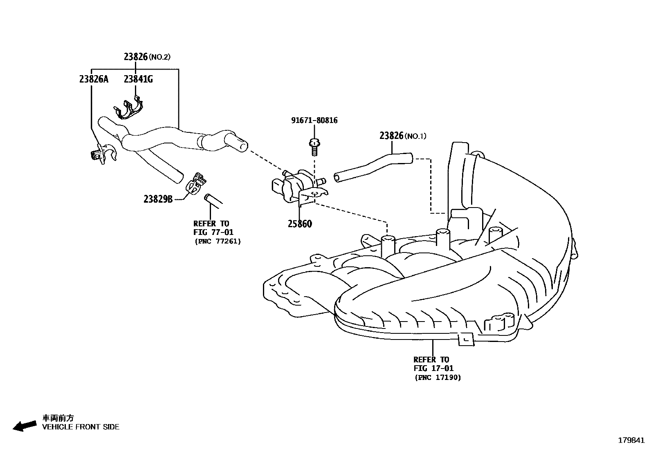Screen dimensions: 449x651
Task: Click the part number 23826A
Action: pos(94,79)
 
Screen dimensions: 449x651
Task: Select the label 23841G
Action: pos(138,79)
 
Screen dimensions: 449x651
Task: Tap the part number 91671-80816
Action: pos(314,121)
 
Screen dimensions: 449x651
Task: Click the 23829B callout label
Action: pos(158,199)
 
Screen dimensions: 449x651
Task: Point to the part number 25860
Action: pos(299,224)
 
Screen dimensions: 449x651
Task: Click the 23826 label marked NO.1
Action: pos(392,136)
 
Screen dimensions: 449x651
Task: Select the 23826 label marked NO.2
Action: pos(136,57)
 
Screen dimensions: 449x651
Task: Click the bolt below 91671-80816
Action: pos(314,147)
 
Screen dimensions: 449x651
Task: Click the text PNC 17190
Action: pos(438,378)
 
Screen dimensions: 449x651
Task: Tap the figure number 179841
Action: pos(631,440)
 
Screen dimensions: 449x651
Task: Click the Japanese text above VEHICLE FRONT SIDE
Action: pos(58,418)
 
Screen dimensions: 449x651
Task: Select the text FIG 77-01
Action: pos(213,232)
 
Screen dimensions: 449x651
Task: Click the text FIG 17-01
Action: pos(433,369)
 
